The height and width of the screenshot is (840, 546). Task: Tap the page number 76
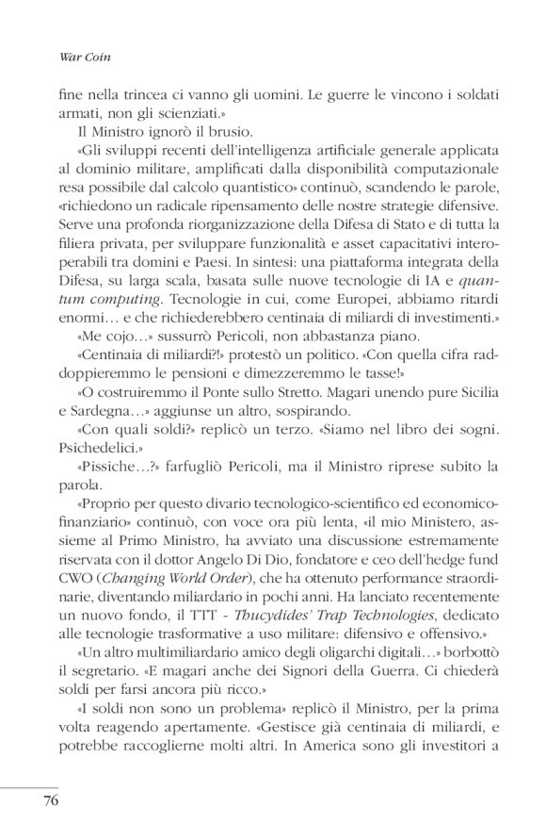click(x=53, y=801)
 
